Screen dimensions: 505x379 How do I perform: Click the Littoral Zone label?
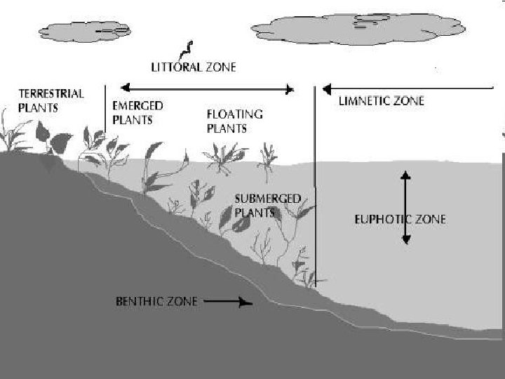tap(194, 67)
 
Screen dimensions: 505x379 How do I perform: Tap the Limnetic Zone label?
tap(381, 101)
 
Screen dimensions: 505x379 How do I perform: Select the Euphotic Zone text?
tap(400, 220)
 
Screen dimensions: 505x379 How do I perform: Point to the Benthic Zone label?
tap(156, 302)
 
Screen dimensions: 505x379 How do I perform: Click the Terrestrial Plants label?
tap(50, 100)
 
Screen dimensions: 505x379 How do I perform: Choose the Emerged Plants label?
tap(137, 112)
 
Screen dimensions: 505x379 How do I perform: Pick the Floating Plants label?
tap(234, 121)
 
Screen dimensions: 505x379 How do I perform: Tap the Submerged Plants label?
tap(268, 205)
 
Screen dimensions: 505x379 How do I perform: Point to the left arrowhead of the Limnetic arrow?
tap(326, 89)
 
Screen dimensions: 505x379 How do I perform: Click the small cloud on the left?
tap(85, 31)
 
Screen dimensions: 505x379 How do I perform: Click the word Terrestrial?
tap(50, 93)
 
